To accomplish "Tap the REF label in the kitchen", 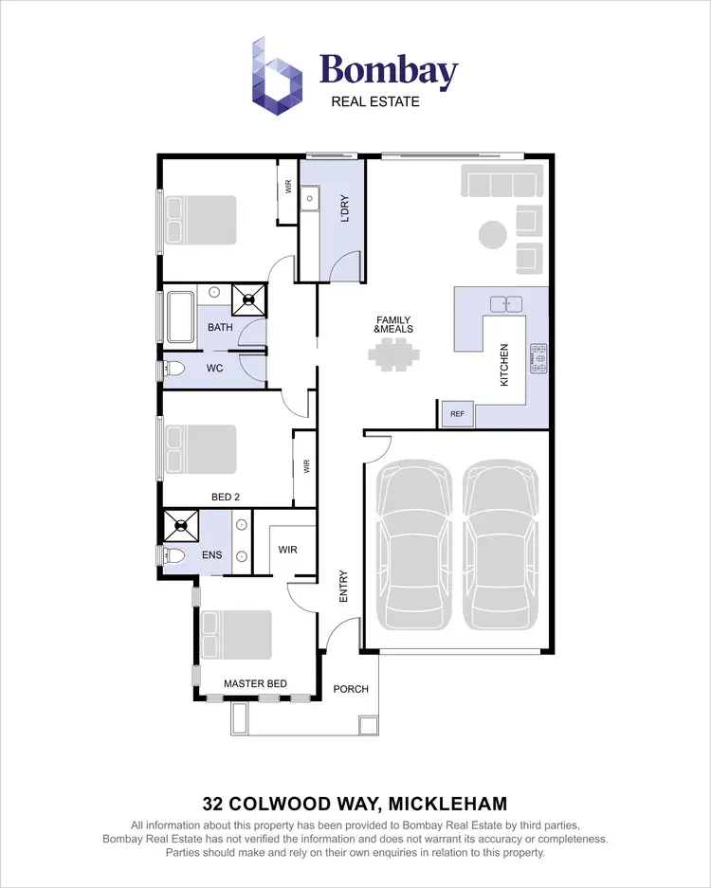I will (457, 414).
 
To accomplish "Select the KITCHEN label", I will (504, 364).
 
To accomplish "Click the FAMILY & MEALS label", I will (393, 324).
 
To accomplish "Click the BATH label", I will (220, 328).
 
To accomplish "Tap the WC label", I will (214, 368).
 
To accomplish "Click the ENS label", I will (212, 554).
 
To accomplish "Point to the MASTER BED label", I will (255, 683).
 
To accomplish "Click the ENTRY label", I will (343, 586).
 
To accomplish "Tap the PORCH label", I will (351, 689).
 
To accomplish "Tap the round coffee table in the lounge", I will (492, 234).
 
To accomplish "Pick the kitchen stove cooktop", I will (538, 359).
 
